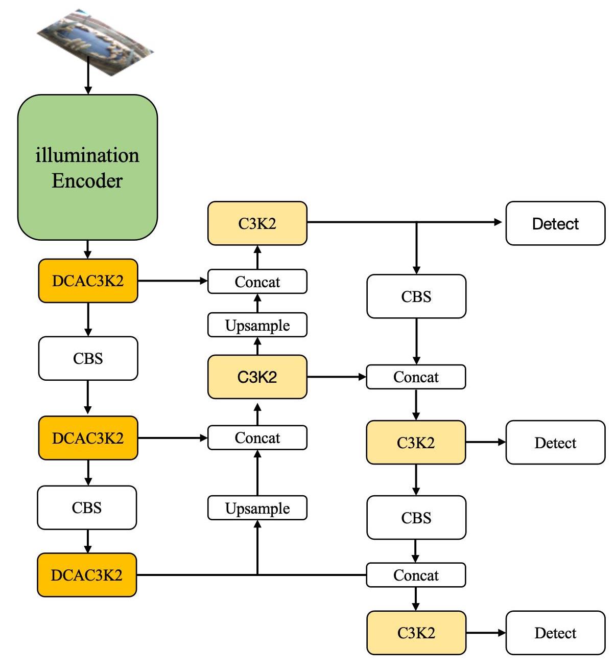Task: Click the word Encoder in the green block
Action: [x=87, y=181]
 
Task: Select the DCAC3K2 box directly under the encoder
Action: [x=88, y=281]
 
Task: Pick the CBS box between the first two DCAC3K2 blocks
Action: [x=88, y=358]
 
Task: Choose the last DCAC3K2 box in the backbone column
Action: [x=87, y=575]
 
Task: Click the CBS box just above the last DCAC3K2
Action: [x=87, y=507]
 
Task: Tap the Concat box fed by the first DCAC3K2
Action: [x=257, y=282]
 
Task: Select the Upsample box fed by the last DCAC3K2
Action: [x=257, y=508]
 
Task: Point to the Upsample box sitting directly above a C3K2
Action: [x=257, y=325]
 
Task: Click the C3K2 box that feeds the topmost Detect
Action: [x=257, y=223]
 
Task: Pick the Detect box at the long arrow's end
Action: [x=555, y=223]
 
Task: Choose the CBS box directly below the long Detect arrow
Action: [x=416, y=296]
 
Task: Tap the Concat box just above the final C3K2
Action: [x=416, y=575]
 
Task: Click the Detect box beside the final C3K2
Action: [x=555, y=633]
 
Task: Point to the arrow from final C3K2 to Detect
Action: [x=485, y=633]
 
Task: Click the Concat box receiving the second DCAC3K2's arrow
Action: [x=257, y=438]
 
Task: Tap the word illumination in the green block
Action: [x=87, y=155]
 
